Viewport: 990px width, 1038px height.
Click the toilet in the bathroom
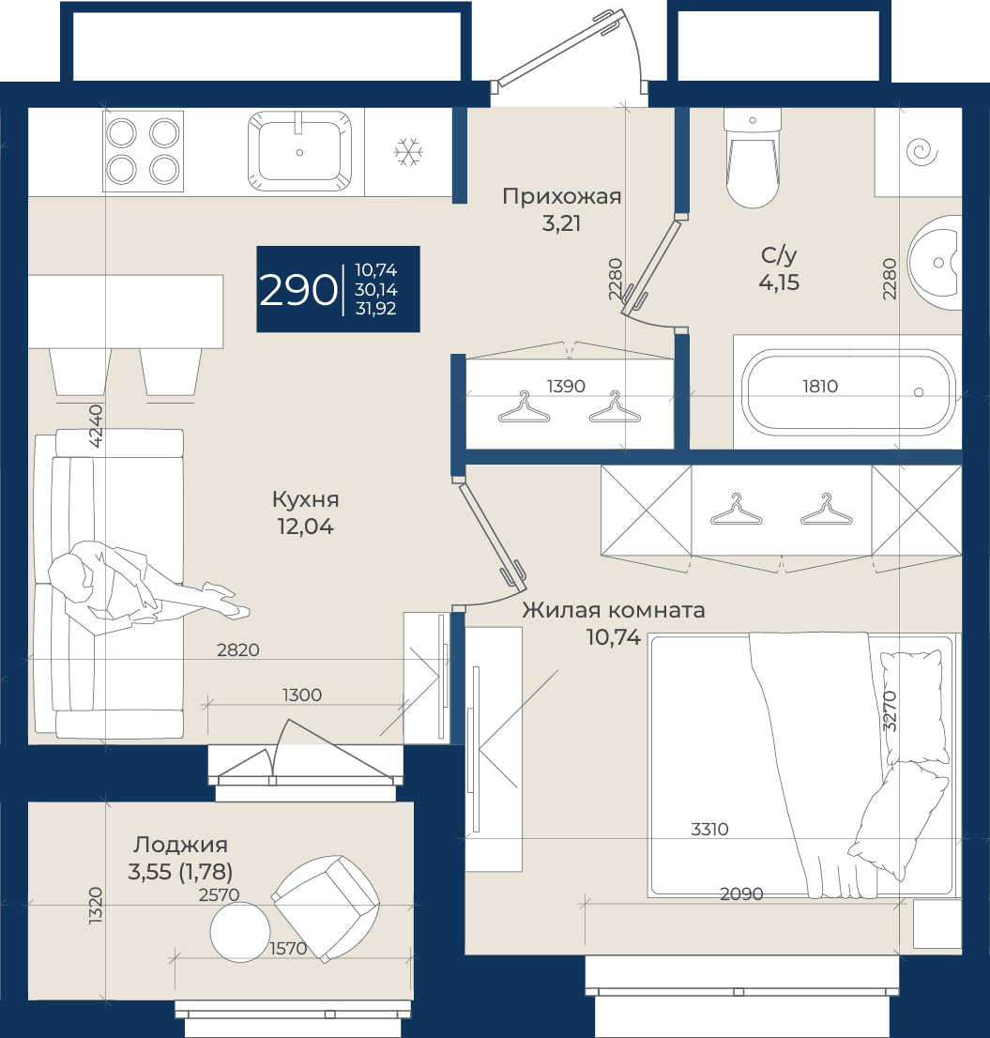click(x=752, y=159)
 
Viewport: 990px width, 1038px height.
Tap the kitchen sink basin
click(x=299, y=151)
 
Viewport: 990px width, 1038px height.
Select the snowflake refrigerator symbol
click(x=408, y=152)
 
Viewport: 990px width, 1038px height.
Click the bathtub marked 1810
click(x=847, y=392)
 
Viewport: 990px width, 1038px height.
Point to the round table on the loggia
click(x=239, y=931)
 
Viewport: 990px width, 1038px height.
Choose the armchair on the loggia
click(x=326, y=908)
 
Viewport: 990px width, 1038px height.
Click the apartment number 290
click(x=297, y=290)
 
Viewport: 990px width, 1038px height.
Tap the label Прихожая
click(x=562, y=196)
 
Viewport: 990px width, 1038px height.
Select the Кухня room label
click(x=305, y=499)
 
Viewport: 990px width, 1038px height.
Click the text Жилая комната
click(x=614, y=610)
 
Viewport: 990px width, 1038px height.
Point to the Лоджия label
click(x=180, y=845)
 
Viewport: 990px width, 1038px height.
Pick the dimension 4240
click(x=96, y=426)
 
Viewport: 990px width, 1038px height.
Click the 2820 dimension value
click(x=238, y=650)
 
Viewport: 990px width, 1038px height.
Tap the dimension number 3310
click(x=709, y=829)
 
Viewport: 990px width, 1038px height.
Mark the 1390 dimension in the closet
click(x=566, y=386)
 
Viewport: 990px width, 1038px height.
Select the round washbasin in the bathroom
click(x=935, y=262)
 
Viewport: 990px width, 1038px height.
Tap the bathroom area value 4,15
click(x=779, y=282)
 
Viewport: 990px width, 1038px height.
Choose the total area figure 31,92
click(x=376, y=309)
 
